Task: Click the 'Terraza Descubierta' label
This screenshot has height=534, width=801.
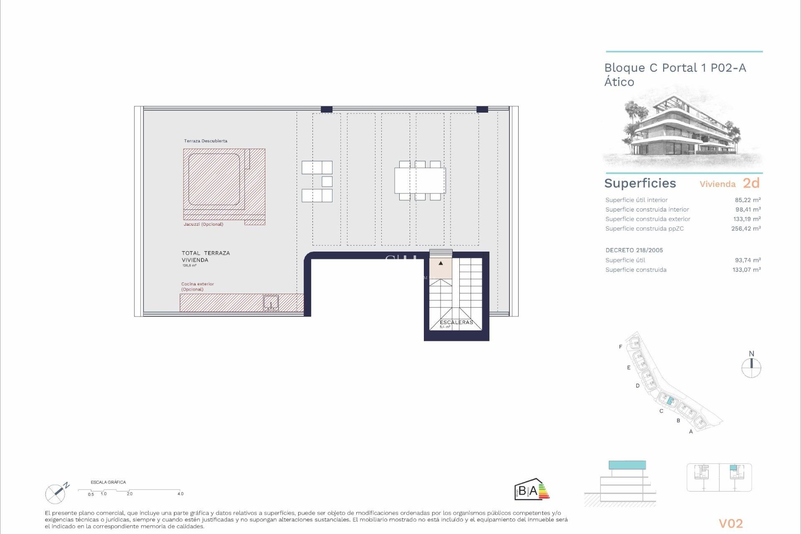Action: point(206,141)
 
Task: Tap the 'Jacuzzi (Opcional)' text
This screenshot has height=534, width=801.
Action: point(204,224)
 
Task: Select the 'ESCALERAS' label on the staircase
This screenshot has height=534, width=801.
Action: point(456,322)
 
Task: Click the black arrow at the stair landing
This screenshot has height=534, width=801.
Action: point(441,263)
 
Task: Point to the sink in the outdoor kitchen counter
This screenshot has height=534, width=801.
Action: point(271,303)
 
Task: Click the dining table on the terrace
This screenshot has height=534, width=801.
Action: point(420,181)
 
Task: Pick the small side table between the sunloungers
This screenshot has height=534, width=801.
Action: point(327,181)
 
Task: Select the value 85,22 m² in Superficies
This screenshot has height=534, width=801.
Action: point(748,200)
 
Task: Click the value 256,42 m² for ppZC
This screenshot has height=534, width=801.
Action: point(746,229)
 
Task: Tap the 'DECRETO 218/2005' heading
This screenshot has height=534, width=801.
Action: point(634,250)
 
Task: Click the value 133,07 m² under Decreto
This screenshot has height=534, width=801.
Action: point(746,270)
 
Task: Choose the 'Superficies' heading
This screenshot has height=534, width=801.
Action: point(640,183)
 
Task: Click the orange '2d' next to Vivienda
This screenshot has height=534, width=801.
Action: point(751,183)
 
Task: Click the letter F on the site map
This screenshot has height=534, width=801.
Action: point(620,347)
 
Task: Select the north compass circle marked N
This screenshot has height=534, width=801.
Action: point(751,368)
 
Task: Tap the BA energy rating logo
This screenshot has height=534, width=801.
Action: point(531,489)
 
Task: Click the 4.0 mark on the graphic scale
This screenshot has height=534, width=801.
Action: point(180,494)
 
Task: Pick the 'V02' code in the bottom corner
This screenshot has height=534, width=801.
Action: point(730,524)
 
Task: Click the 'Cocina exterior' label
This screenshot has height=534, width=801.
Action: point(197,284)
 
